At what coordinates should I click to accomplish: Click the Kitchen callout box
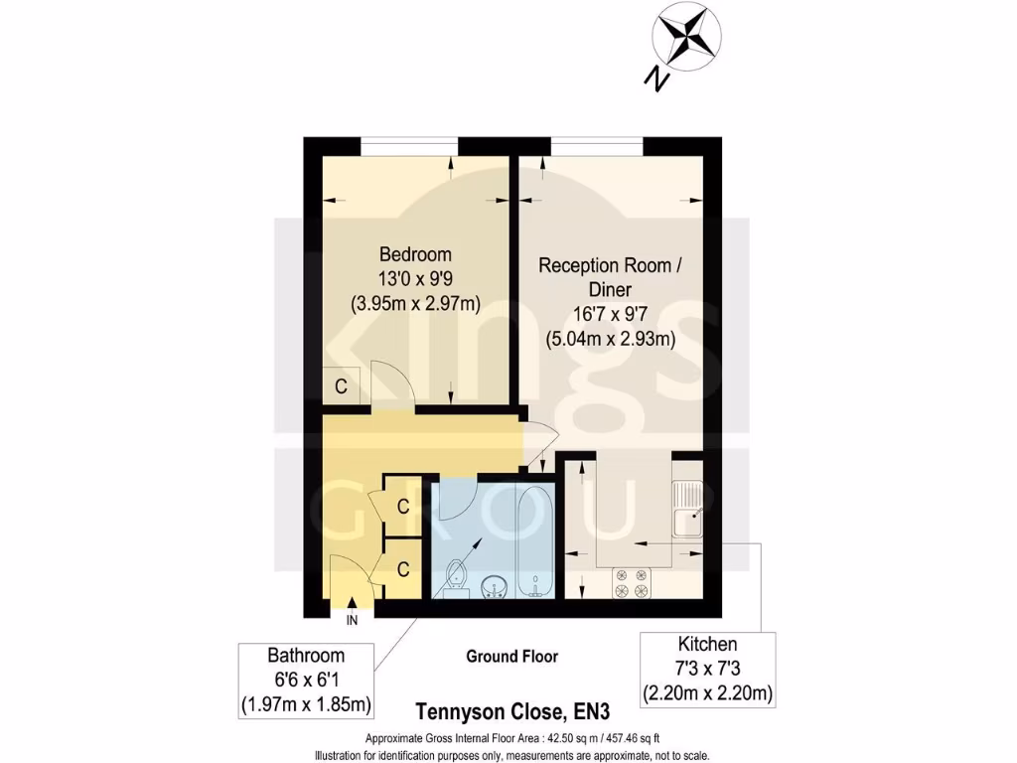707,668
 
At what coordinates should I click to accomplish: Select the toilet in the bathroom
457,577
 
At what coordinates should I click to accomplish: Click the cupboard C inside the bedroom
341,386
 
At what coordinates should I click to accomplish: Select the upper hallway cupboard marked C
402,507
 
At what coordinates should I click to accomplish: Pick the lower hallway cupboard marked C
402,569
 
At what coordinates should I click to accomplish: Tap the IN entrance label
352,621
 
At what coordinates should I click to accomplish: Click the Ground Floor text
511,656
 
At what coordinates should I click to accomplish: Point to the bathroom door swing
456,498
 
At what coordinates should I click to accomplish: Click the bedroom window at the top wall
409,146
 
